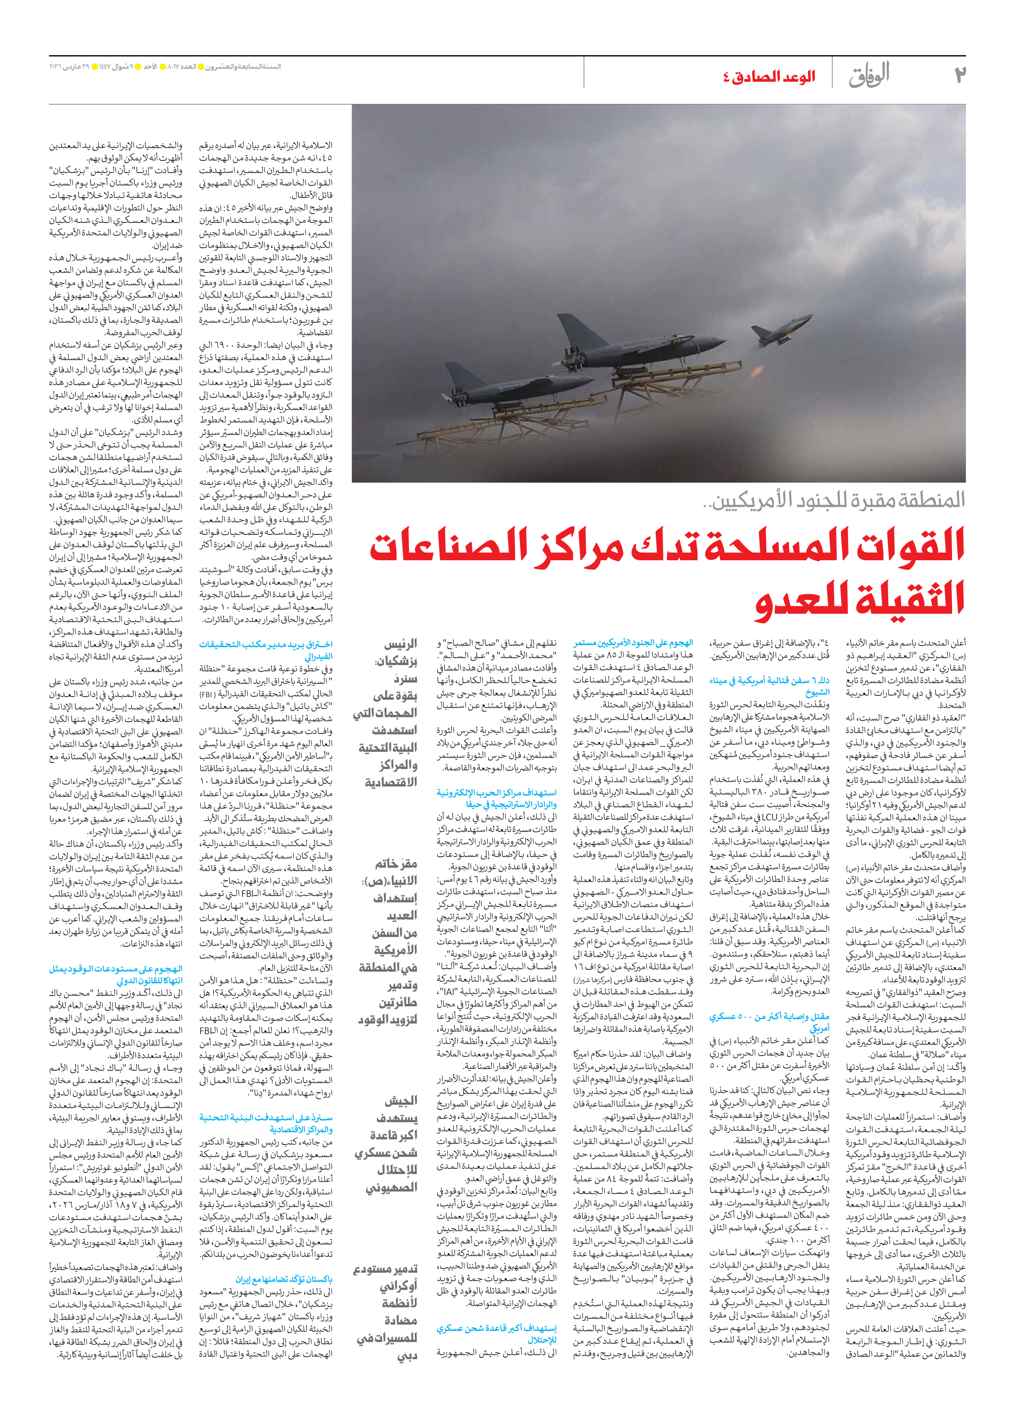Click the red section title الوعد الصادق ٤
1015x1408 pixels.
pos(769,78)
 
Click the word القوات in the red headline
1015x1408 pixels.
pos(894,545)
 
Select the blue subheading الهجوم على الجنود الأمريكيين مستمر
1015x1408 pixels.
pos(633,643)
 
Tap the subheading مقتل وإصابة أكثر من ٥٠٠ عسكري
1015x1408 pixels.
pos(770,1034)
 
